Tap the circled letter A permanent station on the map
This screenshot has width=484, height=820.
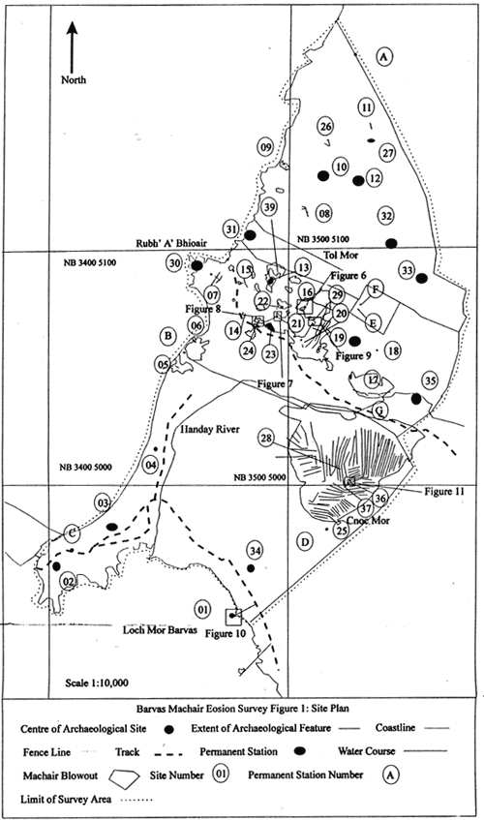click(384, 57)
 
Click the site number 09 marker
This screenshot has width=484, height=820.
click(265, 147)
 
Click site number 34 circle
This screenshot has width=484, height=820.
click(256, 551)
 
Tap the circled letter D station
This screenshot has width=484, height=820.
click(304, 542)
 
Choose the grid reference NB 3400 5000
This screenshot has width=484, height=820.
click(82, 467)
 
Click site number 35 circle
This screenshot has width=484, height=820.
click(430, 380)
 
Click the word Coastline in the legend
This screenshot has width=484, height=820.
click(395, 731)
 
